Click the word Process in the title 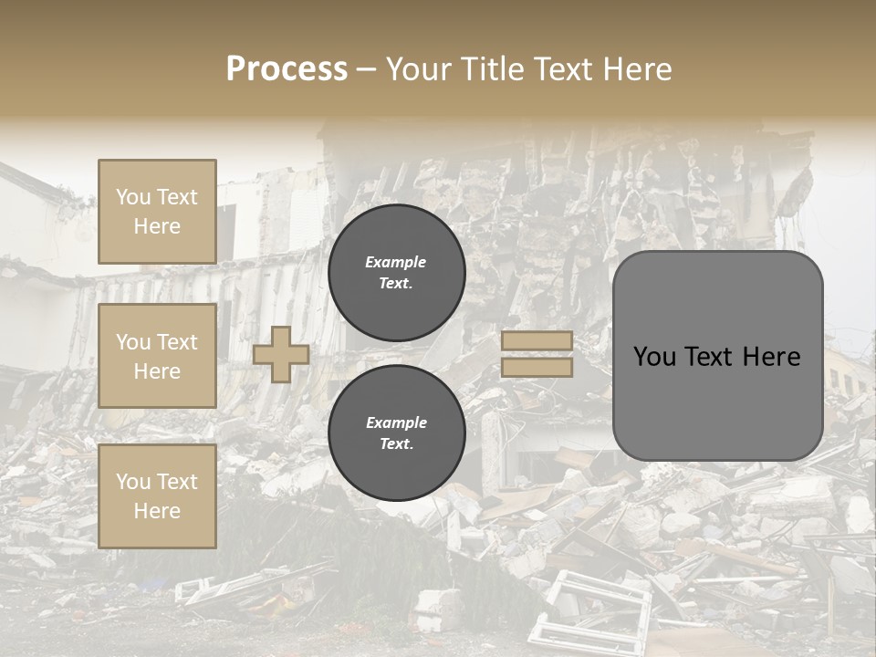(287, 69)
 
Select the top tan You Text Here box (157, 212)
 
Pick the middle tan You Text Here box (157, 356)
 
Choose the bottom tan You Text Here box (157, 496)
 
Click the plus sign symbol (281, 354)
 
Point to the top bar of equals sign (537, 341)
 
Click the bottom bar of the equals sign (537, 368)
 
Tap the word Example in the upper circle (396, 262)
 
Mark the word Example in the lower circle (396, 422)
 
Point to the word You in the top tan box (133, 197)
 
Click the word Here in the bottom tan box (157, 511)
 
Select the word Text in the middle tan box (177, 342)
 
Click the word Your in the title (420, 69)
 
